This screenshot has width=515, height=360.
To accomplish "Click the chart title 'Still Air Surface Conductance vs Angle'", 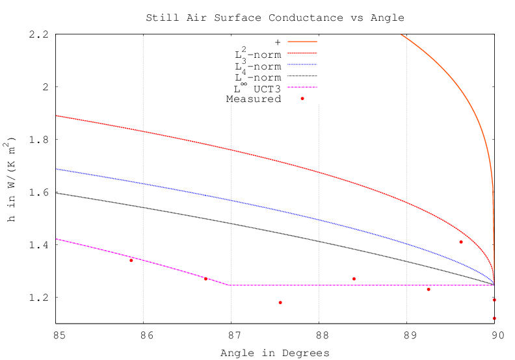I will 274,17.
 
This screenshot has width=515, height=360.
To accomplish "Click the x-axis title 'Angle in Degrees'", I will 274,353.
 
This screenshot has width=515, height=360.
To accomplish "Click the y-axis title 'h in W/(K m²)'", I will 12,179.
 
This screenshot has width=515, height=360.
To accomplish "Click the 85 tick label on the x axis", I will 56,335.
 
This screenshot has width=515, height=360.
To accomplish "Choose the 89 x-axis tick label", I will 406,335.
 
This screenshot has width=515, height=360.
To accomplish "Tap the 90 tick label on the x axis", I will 494,335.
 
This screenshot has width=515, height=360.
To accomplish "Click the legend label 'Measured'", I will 254,99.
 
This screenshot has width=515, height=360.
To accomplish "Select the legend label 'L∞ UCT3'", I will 257,88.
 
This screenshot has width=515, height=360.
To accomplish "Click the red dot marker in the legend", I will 302,99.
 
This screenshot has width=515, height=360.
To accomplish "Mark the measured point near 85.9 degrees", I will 131,260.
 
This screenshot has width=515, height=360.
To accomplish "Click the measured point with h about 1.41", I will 461,242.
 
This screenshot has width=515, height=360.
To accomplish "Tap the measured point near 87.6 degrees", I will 280,302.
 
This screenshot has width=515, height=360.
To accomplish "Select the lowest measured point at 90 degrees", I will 494,318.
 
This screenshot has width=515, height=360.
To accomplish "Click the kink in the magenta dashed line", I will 229,285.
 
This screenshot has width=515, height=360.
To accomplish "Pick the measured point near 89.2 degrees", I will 429,289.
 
